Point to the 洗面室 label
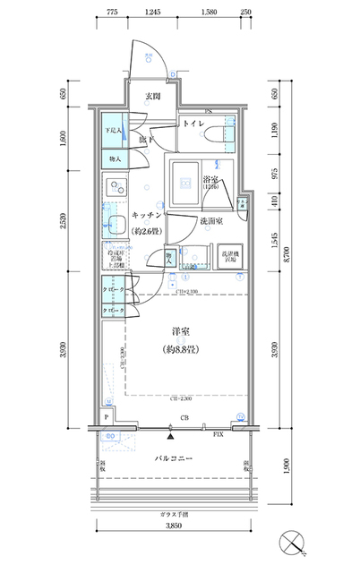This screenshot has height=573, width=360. pyautogui.click(x=211, y=221)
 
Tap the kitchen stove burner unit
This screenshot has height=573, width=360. pyautogui.click(x=115, y=190)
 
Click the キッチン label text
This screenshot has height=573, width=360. pyautogui.click(x=146, y=216)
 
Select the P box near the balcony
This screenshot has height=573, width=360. pyautogui.click(x=107, y=417)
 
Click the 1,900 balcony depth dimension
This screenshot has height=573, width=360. pyautogui.click(x=286, y=469)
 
